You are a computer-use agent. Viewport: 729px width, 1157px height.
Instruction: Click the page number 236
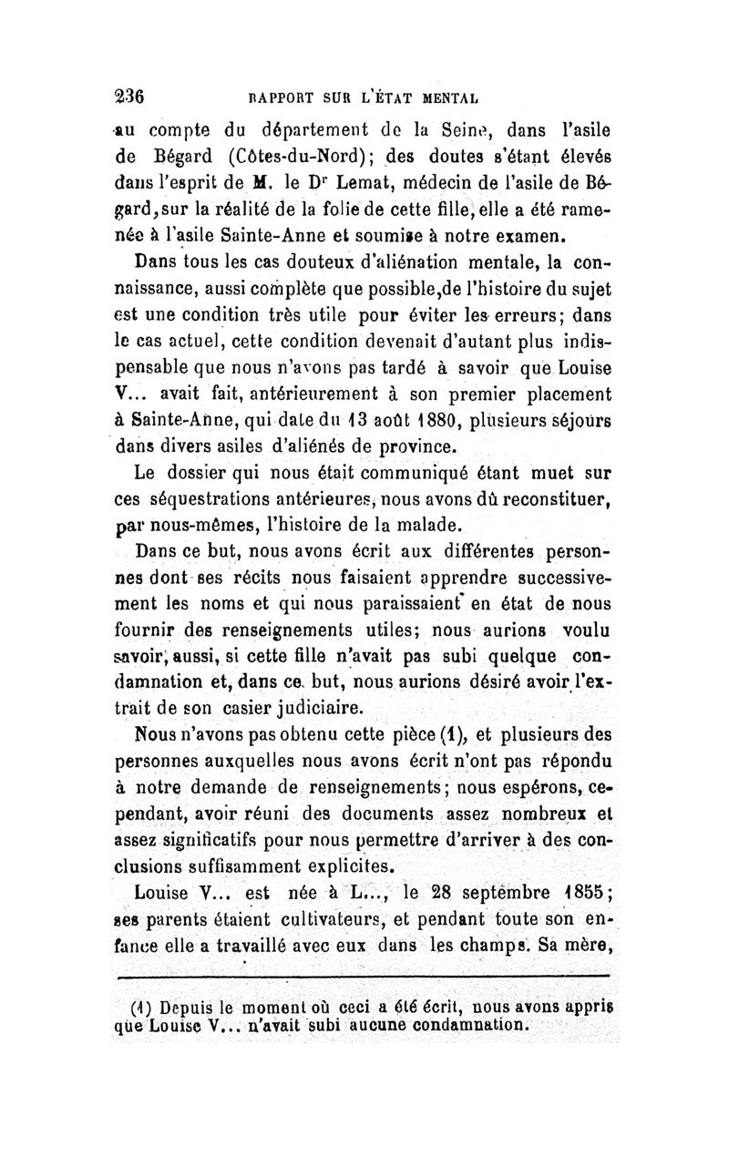130,93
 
